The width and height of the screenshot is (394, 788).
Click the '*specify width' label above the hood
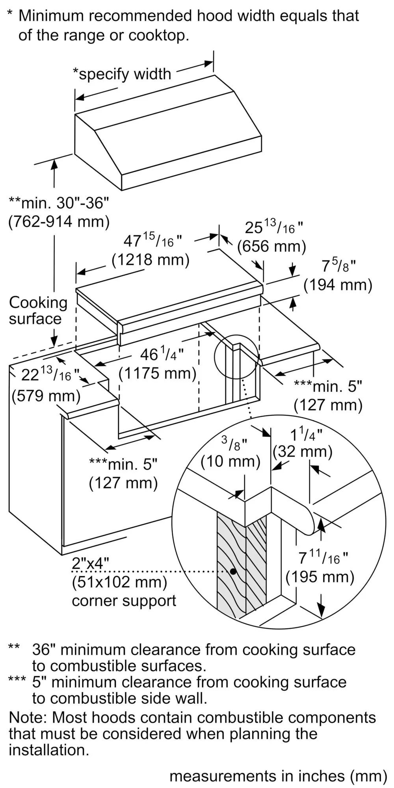pyautogui.click(x=122, y=74)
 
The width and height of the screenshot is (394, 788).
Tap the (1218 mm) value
pyautogui.click(x=151, y=260)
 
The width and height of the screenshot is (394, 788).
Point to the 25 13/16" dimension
pyautogui.click(x=274, y=227)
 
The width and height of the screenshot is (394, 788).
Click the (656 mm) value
pyautogui.click(x=271, y=247)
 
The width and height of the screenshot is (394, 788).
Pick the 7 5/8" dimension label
pyautogui.click(x=338, y=266)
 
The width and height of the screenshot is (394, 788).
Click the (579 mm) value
pyautogui.click(x=46, y=395)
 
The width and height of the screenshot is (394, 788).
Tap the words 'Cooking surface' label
pyautogui.click(x=38, y=310)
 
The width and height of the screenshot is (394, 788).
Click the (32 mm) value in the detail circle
pyautogui.click(x=303, y=451)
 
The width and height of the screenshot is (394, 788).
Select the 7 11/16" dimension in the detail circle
pyautogui.click(x=323, y=558)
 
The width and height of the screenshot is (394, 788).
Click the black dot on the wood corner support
pyautogui.click(x=233, y=571)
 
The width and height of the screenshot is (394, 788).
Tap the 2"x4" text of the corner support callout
pyautogui.click(x=90, y=563)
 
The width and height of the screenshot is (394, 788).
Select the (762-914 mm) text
pyautogui.click(x=59, y=222)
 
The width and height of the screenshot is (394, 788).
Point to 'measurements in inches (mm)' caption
pyautogui.click(x=278, y=776)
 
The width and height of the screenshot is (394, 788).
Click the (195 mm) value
pyautogui.click(x=320, y=577)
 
